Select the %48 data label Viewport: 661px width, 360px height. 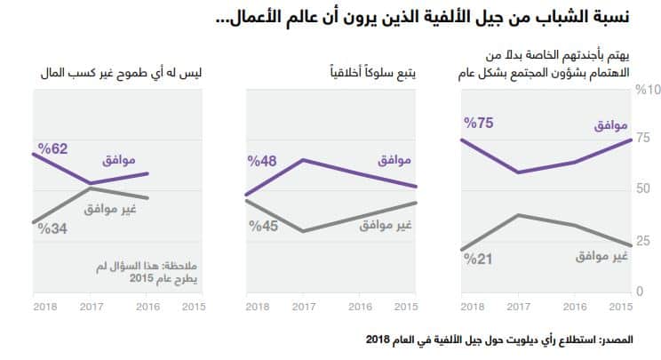coord(263,162)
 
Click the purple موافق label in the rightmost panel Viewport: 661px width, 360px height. coord(609,127)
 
